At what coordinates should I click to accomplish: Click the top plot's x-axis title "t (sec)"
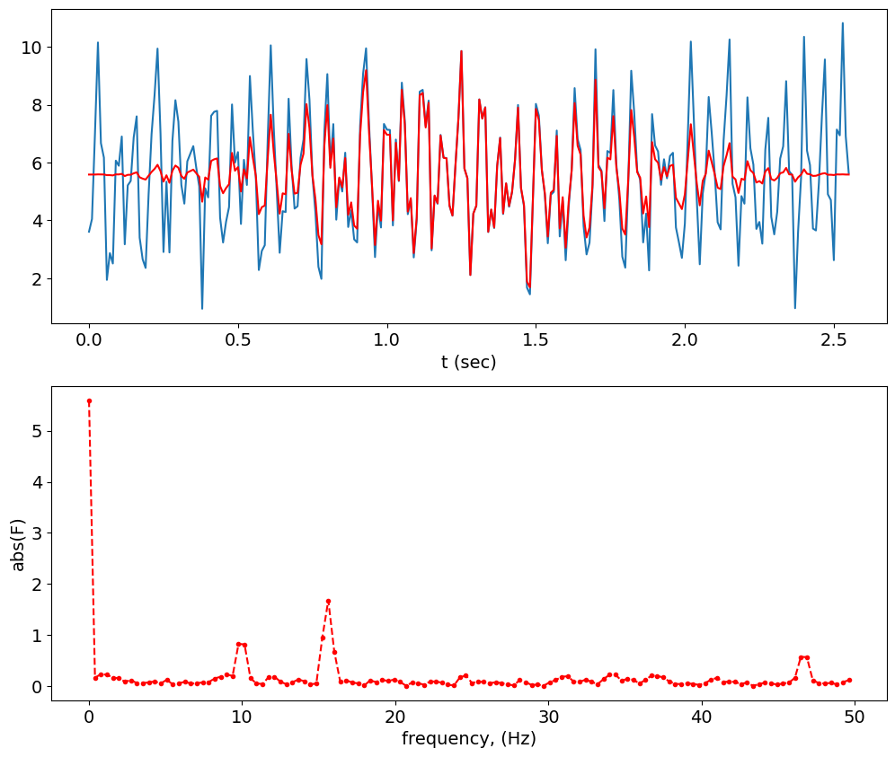pos(468,363)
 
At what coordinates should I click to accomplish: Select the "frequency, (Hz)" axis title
pos(468,740)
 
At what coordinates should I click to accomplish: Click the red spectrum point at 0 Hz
pos(89,401)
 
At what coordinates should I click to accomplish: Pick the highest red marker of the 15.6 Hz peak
pos(328,601)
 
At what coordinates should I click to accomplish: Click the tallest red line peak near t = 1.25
pos(461,51)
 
